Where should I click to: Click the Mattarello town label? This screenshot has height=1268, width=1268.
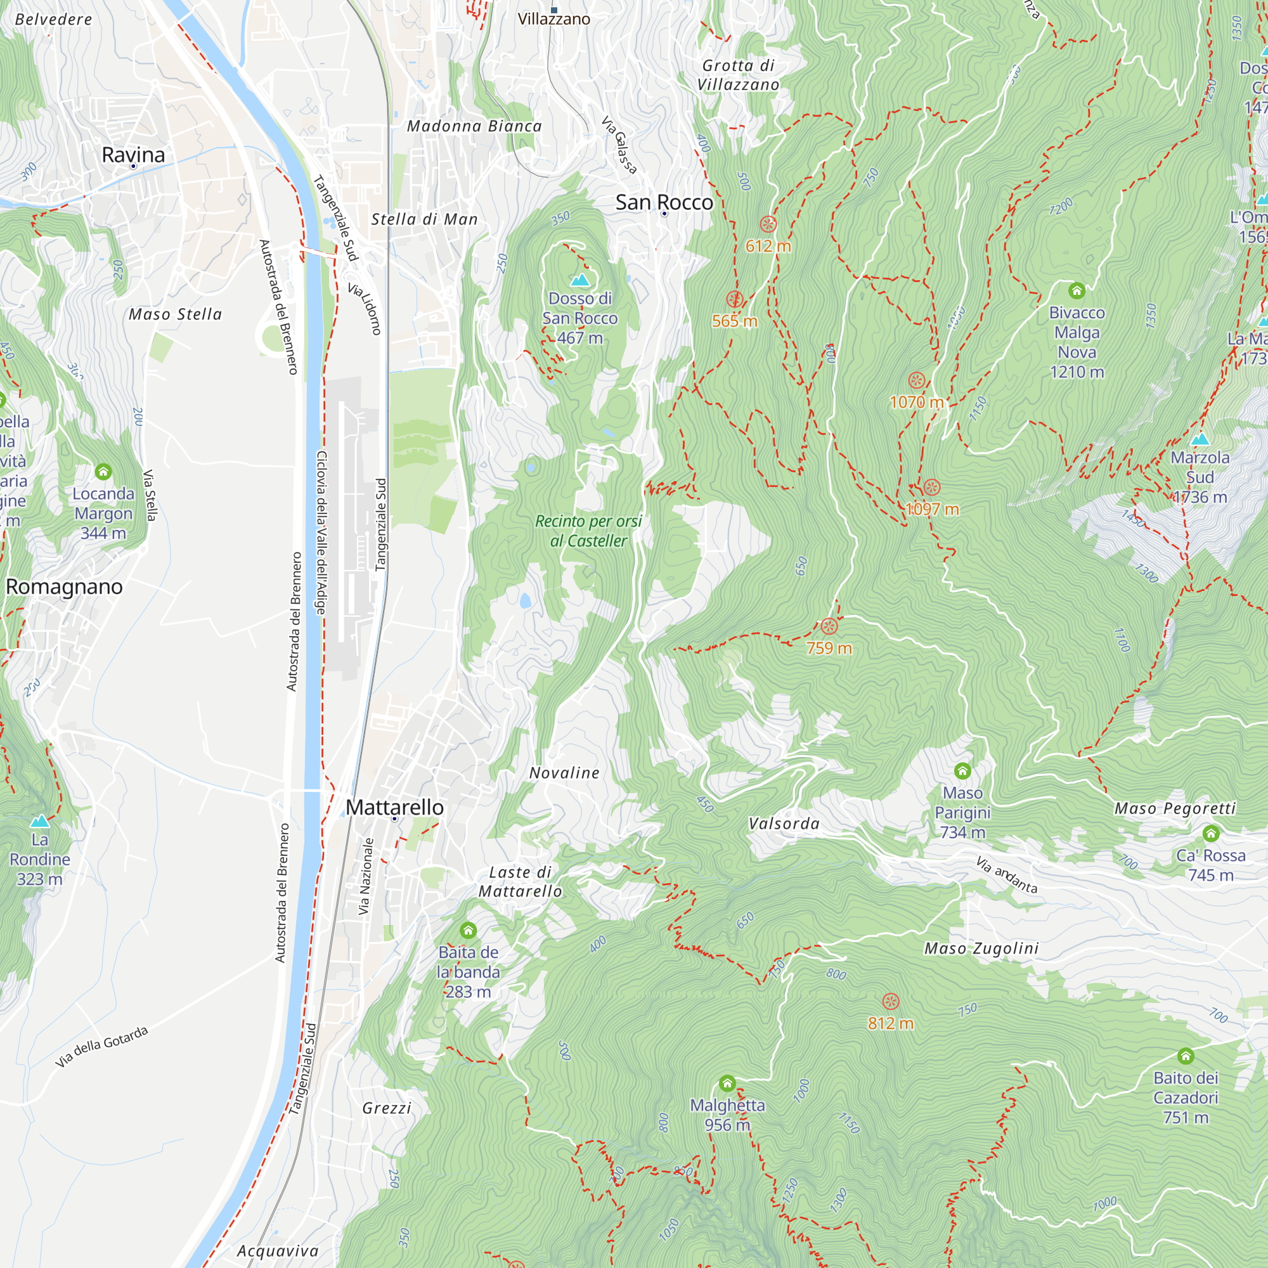pos(394,807)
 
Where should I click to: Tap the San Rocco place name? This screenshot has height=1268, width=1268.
pos(664,202)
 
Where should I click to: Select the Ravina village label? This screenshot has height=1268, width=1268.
pos(133,155)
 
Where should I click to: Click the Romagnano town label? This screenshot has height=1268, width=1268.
pos(64,586)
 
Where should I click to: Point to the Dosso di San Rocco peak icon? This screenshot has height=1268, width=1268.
pos(579,280)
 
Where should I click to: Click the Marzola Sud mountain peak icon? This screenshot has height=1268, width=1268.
pos(1200,439)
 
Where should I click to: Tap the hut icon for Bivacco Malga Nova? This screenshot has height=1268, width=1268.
pos(1077,290)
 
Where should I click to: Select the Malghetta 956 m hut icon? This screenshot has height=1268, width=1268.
pos(727,1083)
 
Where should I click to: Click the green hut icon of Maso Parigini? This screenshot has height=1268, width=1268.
pos(962,770)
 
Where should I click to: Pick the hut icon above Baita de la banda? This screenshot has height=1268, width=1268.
pos(468,930)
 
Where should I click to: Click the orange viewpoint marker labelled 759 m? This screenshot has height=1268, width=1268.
pos(829,626)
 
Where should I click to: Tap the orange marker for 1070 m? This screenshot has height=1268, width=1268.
pos(917,380)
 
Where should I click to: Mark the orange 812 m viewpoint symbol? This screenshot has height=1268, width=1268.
pos(891,1002)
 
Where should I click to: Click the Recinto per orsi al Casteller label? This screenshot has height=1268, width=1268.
pos(589,531)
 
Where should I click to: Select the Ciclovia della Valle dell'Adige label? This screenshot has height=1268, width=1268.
pos(321,533)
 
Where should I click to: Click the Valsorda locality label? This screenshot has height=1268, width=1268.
pos(784,824)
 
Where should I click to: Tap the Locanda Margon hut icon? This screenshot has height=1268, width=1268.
pos(103,471)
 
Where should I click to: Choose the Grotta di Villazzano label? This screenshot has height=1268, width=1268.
pos(739,75)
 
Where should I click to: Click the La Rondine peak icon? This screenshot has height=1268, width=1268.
pos(40,821)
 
